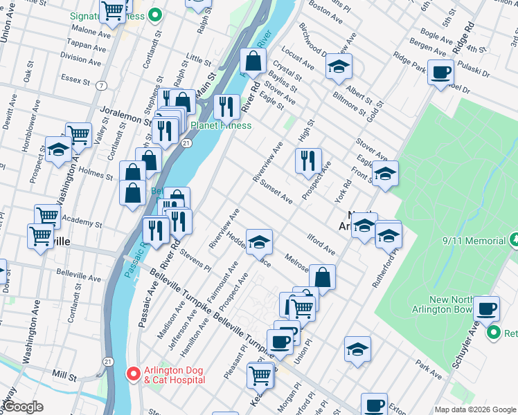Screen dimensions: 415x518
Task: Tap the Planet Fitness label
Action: pyautogui.click(x=221, y=126)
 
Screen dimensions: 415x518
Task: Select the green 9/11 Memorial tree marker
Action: pyautogui.click(x=513, y=241)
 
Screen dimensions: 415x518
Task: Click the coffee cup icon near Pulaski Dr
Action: pyautogui.click(x=440, y=72)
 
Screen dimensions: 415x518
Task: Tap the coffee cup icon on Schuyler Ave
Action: pyautogui.click(x=485, y=307)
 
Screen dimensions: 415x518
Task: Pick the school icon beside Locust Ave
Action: pyautogui.click(x=339, y=66)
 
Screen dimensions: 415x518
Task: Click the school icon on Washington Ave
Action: pyautogui.click(x=59, y=149)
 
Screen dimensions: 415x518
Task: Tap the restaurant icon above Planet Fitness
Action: pyautogui.click(x=226, y=107)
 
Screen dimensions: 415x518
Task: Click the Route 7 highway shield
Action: pyautogui.click(x=102, y=86)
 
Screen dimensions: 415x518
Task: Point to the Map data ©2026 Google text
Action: pyautogui.click(x=474, y=409)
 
